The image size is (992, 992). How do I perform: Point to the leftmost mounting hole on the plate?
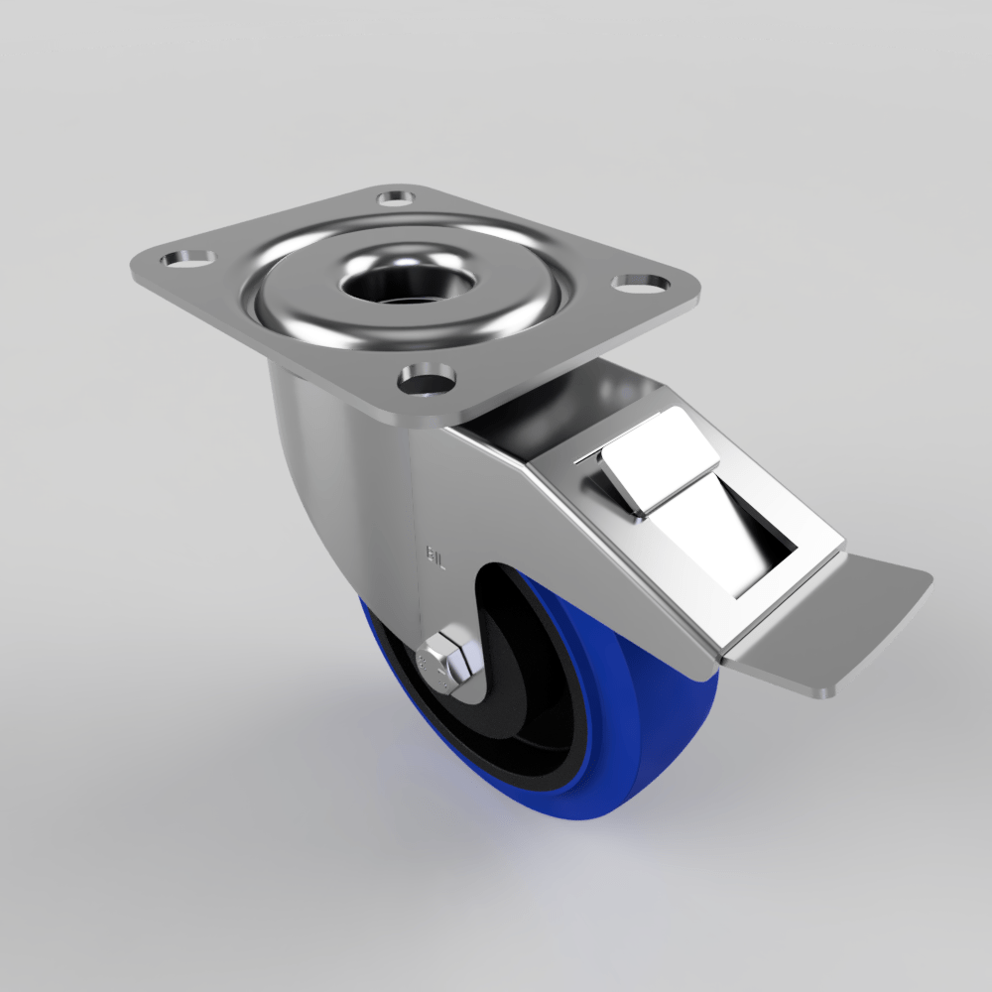[x=188, y=257]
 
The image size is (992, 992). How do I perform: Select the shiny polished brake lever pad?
[x=660, y=461]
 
